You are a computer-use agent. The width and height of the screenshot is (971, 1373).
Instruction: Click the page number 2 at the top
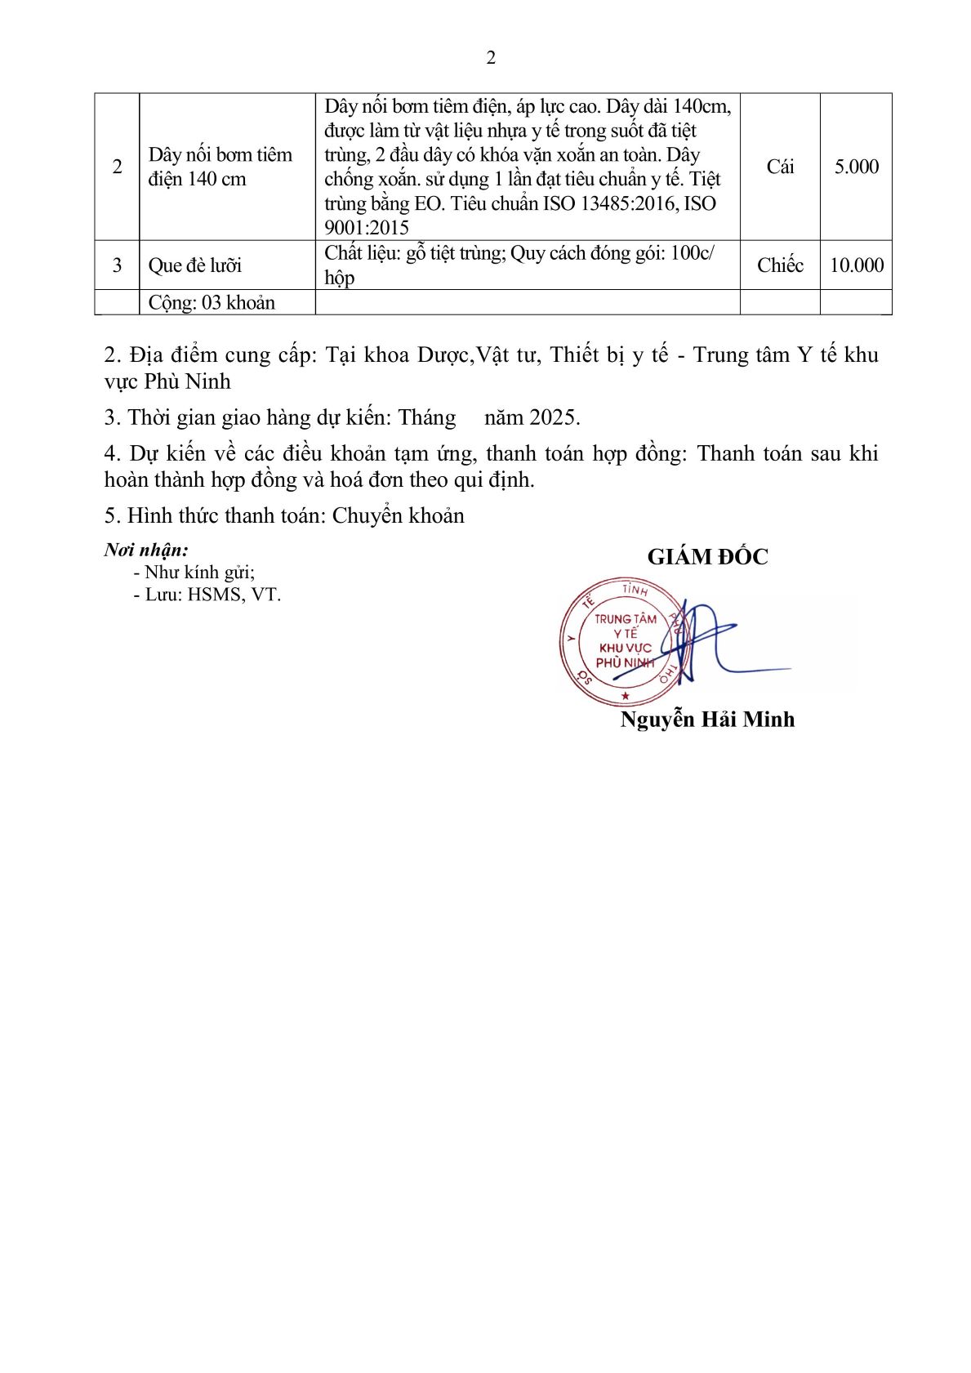pyautogui.click(x=490, y=57)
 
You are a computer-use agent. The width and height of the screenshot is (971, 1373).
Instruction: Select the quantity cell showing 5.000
pyautogui.click(x=856, y=167)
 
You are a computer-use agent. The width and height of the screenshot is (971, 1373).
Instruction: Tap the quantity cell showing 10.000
pyautogui.click(x=856, y=265)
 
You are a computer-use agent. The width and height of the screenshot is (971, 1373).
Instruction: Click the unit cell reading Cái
pyautogui.click(x=780, y=167)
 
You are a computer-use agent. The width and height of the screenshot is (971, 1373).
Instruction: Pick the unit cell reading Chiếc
pyautogui.click(x=780, y=265)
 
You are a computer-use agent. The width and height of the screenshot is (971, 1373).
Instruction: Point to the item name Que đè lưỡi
pyautogui.click(x=195, y=265)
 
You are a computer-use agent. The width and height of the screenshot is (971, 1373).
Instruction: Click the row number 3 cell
pyautogui.click(x=117, y=265)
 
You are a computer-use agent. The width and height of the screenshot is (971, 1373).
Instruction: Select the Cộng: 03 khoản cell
pyautogui.click(x=212, y=303)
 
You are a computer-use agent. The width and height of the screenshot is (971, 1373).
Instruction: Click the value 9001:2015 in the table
pyautogui.click(x=367, y=228)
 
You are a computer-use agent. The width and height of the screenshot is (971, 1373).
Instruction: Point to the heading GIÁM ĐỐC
pyautogui.click(x=707, y=557)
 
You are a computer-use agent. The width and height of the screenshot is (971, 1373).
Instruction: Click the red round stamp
pyautogui.click(x=622, y=643)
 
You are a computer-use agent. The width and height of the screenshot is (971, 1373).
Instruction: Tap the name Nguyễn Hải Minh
pyautogui.click(x=707, y=720)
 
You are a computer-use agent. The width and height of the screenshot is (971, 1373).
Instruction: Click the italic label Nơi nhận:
pyautogui.click(x=146, y=550)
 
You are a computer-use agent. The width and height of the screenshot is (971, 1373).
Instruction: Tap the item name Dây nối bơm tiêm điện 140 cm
pyautogui.click(x=220, y=167)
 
